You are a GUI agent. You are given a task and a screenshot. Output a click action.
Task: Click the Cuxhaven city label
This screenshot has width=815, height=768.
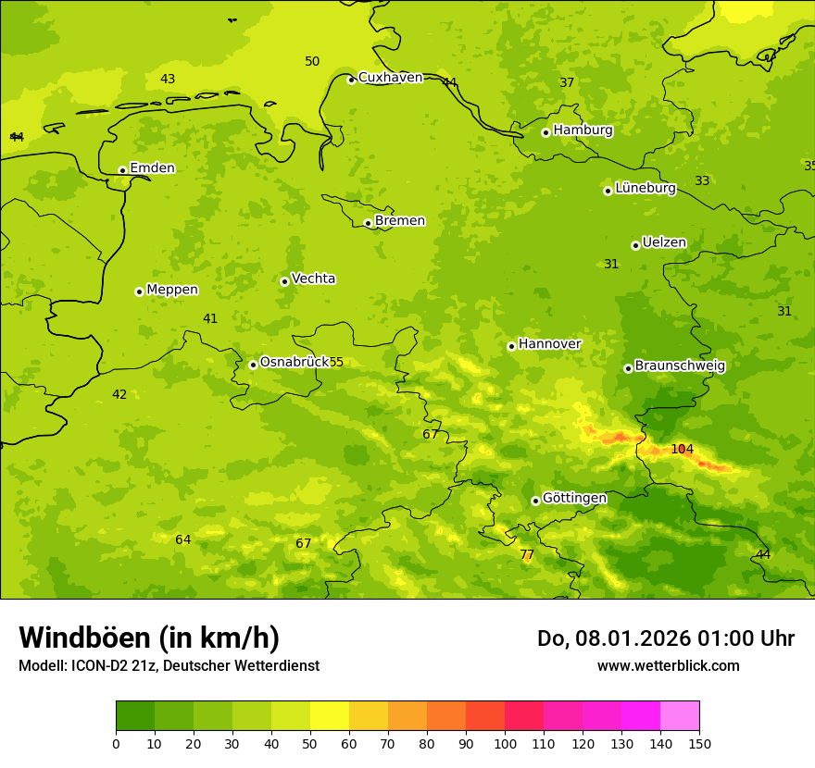pyautogui.click(x=390, y=78)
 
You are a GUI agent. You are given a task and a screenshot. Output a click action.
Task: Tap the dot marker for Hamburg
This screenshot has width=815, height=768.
pyautogui.click(x=545, y=132)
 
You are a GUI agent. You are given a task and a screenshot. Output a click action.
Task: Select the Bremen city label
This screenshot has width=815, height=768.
pyautogui.click(x=400, y=221)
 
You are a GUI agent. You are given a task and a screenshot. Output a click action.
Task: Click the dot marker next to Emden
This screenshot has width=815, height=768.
pyautogui.click(x=122, y=170)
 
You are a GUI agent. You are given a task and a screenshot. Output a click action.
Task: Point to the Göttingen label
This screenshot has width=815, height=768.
pyautogui.click(x=574, y=499)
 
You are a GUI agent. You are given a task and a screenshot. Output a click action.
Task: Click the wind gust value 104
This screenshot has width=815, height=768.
pyautogui.click(x=682, y=450)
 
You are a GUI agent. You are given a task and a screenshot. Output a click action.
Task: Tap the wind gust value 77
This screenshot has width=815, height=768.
pyautogui.click(x=527, y=555)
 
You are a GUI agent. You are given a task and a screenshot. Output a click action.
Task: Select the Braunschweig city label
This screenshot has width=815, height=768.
pyautogui.click(x=680, y=366)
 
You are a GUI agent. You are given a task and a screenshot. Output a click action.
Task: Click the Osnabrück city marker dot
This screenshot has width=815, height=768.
pyautogui.click(x=253, y=365)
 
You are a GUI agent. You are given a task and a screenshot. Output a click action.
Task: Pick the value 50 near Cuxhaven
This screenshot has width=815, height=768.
pyautogui.click(x=312, y=62)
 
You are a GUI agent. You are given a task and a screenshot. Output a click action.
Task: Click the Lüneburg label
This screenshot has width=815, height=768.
pyautogui.click(x=645, y=189)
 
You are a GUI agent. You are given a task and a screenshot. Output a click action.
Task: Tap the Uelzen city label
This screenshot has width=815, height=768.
pyautogui.click(x=664, y=243)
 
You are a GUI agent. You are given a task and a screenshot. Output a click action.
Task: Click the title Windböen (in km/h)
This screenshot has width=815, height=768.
pyautogui.click(x=149, y=638)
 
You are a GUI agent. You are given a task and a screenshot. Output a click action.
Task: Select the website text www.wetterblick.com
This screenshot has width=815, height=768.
pyautogui.click(x=668, y=666)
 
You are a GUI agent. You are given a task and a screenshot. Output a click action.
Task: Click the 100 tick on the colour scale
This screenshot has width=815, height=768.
pyautogui.click(x=505, y=743)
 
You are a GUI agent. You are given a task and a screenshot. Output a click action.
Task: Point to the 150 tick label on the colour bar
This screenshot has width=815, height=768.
pyautogui.click(x=699, y=743)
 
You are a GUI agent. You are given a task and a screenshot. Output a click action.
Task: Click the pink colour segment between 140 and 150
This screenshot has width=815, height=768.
pyautogui.click(x=680, y=715)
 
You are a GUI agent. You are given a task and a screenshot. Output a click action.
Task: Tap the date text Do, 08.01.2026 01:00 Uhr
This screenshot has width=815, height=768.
pyautogui.click(x=665, y=638)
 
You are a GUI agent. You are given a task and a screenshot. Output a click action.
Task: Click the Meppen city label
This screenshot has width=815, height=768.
pyautogui.click(x=172, y=291)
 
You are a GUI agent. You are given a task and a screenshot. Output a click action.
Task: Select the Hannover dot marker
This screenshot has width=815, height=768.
pyautogui.click(x=511, y=346)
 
